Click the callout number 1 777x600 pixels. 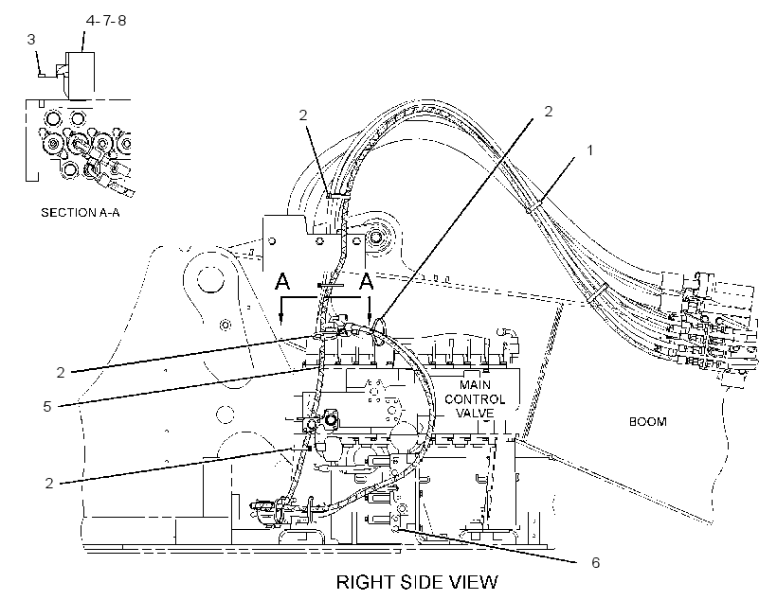click(x=589, y=150)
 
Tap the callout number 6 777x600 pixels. click(x=595, y=562)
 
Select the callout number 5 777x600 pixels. click(x=47, y=407)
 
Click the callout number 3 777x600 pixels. click(x=31, y=39)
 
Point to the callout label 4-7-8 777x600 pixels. click(x=106, y=20)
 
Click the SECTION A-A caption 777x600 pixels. click(x=81, y=213)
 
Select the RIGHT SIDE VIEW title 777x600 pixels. click(x=417, y=582)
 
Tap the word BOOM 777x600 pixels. click(x=648, y=422)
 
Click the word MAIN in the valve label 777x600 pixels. click(x=476, y=384)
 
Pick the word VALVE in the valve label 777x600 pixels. click(x=476, y=413)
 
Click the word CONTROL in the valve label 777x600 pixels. click(x=475, y=399)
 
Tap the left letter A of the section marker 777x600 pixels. click(x=282, y=281)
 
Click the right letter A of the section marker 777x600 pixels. click(x=366, y=281)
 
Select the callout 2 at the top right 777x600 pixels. click(x=548, y=112)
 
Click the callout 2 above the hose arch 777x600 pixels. click(x=303, y=115)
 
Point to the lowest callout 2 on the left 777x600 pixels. click(x=49, y=484)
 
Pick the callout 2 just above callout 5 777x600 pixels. click(x=61, y=372)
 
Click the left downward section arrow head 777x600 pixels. click(x=281, y=319)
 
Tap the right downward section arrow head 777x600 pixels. click(x=370, y=319)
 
